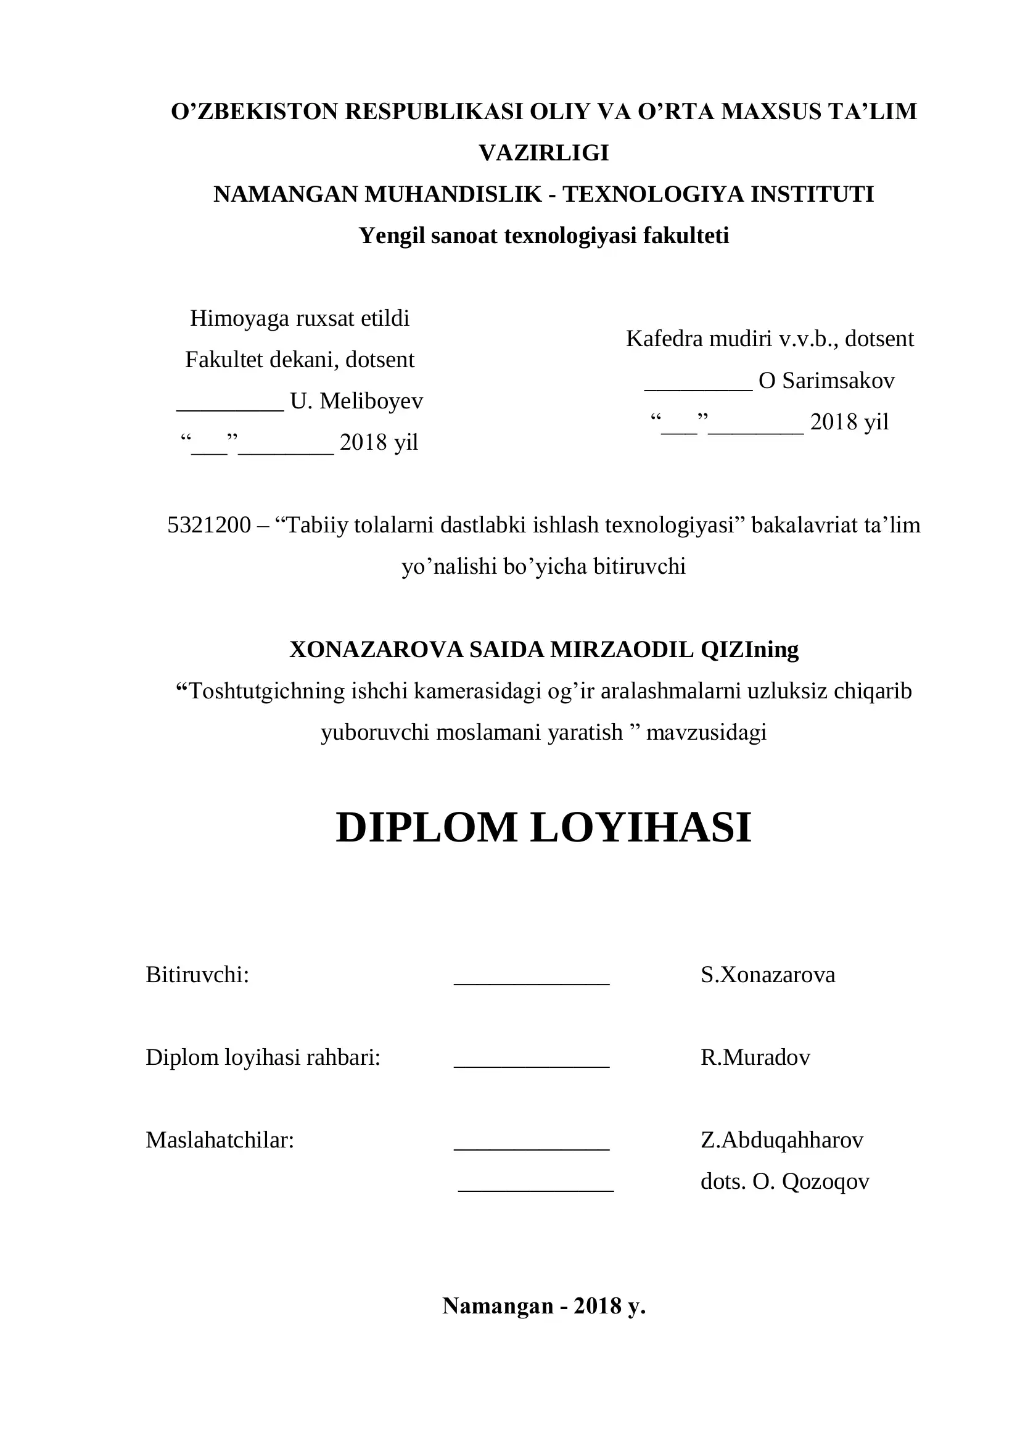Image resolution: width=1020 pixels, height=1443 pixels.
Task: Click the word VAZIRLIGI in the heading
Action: (544, 153)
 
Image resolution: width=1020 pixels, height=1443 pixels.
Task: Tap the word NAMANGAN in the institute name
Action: (286, 194)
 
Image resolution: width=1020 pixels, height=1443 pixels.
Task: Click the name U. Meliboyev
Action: (356, 401)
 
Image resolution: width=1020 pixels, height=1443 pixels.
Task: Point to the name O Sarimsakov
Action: (826, 380)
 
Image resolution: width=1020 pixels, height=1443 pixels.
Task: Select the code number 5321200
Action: (209, 525)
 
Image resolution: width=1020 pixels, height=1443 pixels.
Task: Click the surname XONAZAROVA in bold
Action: (376, 649)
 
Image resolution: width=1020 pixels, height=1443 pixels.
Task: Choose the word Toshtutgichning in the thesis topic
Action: (268, 691)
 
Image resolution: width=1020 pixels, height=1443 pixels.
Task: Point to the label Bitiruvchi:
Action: (198, 975)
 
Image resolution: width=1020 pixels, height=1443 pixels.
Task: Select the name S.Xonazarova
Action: (768, 975)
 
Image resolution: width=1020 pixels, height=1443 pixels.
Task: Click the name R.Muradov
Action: (755, 1057)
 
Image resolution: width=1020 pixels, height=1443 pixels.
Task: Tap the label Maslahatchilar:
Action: (220, 1140)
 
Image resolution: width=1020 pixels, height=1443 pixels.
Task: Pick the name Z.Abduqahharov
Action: (782, 1140)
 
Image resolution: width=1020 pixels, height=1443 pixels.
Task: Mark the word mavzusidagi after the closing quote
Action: (706, 732)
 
